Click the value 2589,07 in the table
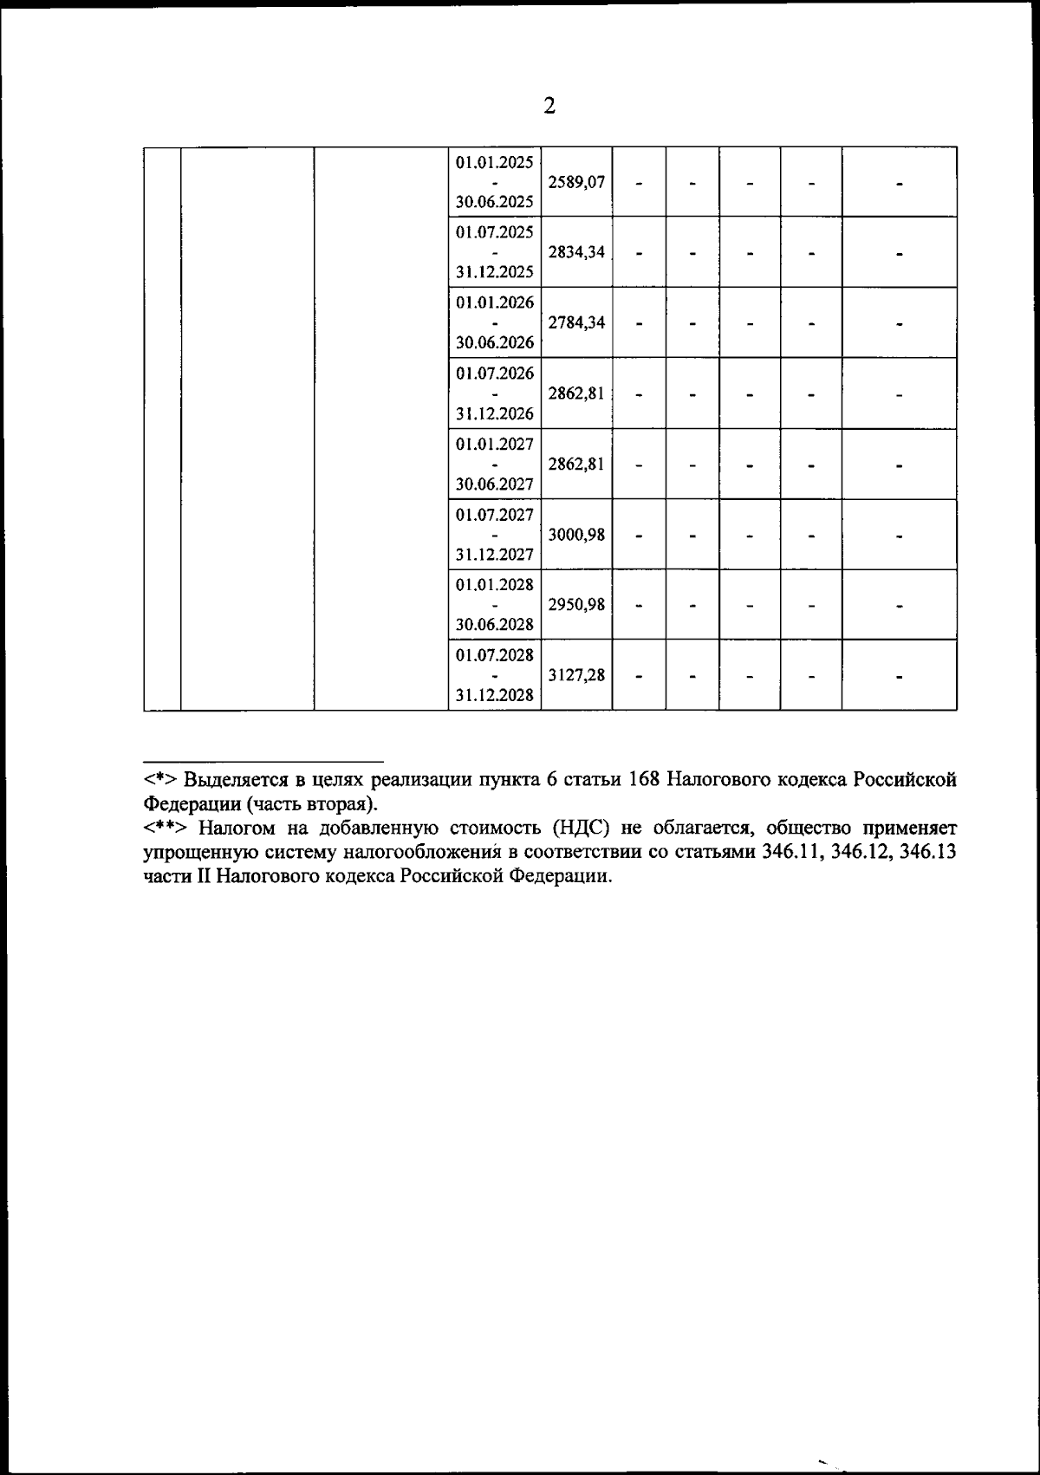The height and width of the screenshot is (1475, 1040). click(576, 183)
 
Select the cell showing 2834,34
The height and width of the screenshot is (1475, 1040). click(576, 253)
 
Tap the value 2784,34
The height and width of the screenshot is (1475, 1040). click(576, 323)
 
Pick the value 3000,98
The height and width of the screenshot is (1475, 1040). click(576, 535)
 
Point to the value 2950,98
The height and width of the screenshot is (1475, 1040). click(576, 605)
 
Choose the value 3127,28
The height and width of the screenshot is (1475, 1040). click(576, 675)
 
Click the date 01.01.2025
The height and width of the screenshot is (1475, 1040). click(495, 162)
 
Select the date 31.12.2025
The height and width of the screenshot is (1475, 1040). click(495, 273)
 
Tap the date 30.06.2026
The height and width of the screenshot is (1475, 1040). click(495, 343)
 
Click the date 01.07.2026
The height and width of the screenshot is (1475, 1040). click(495, 374)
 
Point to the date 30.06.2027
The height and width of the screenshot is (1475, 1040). click(495, 484)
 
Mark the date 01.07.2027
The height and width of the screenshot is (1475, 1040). click(495, 515)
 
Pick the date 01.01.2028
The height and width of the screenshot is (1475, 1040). click(495, 585)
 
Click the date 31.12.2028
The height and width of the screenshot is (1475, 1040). click(495, 695)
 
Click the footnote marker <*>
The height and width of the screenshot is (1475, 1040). click(160, 778)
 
